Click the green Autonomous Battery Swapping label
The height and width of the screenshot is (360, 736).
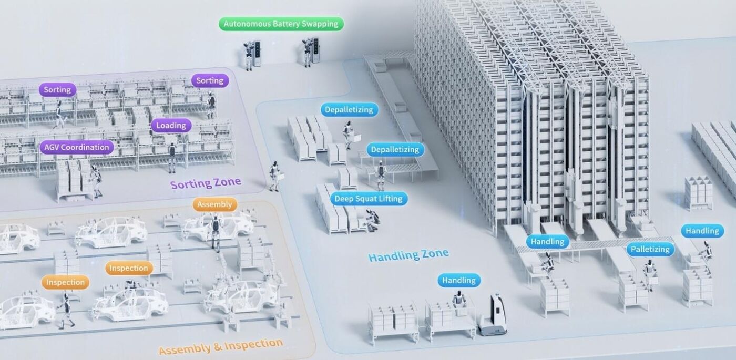(x=281, y=24)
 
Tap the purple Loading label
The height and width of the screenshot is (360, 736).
(x=171, y=125)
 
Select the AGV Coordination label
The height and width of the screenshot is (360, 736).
(x=77, y=147)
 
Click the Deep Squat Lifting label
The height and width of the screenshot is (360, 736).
(x=369, y=199)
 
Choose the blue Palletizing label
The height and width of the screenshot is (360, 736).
(x=650, y=249)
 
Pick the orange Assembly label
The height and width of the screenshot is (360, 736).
(x=214, y=204)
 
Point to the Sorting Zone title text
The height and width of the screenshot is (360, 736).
(x=206, y=183)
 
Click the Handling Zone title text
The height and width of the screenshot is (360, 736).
(x=408, y=255)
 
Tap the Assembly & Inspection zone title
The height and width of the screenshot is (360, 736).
(x=221, y=346)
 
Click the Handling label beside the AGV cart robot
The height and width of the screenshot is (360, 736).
(x=458, y=280)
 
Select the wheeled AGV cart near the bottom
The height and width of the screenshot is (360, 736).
(x=492, y=315)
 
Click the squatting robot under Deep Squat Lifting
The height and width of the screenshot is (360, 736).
(x=373, y=220)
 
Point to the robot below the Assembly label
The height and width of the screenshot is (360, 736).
(x=216, y=232)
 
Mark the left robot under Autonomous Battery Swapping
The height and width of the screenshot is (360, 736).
(x=248, y=56)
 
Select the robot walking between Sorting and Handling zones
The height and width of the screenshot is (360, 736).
(x=274, y=177)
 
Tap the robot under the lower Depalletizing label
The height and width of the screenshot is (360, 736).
(x=381, y=176)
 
